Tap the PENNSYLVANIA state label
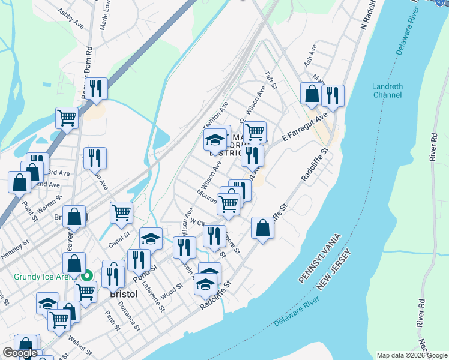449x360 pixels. pyautogui.click(x=320, y=258)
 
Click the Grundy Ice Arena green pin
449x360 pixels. pyautogui.click(x=87, y=276)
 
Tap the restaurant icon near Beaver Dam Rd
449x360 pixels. pyautogui.click(x=96, y=89)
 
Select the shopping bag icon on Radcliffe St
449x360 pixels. pyautogui.click(x=262, y=228)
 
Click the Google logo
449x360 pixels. pyautogui.click(x=20, y=353)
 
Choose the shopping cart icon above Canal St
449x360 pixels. pyautogui.click(x=122, y=212)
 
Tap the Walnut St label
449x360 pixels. pyautogui.click(x=79, y=345)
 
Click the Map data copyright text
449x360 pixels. pyautogui.click(x=411, y=355)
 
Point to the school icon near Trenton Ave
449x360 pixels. pyautogui.click(x=214, y=140)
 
